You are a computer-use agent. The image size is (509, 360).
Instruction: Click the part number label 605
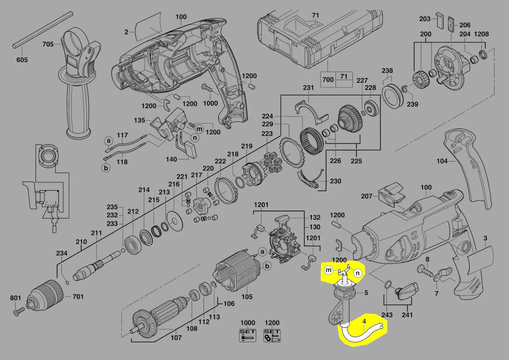pos(22,60)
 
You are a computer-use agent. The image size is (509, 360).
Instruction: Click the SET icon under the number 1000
pos(247,335)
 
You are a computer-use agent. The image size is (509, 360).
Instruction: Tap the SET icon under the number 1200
pos(272,335)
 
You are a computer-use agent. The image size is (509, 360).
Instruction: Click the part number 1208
pos(481,34)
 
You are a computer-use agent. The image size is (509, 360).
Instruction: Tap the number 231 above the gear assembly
pos(308,88)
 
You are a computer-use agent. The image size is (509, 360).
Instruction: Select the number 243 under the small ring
pos(387,315)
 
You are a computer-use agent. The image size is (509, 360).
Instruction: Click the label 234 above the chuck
pos(62,253)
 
